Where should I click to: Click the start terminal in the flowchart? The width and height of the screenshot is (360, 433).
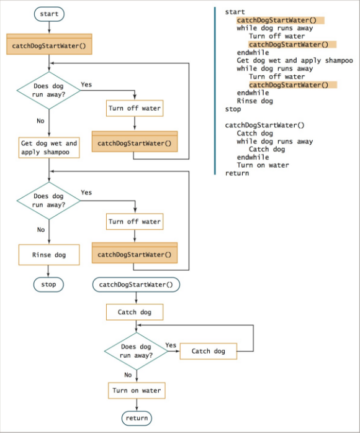coord(48,14)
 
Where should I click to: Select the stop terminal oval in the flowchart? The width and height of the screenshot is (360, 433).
coord(48,284)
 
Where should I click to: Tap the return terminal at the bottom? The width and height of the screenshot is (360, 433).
coord(136,418)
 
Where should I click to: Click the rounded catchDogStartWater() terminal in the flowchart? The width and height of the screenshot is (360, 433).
coord(136,285)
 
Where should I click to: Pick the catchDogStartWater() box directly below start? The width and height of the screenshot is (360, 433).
coord(48,46)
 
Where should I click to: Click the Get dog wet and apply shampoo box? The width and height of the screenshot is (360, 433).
coord(48,147)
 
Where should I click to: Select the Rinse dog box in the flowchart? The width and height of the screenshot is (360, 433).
coord(48,255)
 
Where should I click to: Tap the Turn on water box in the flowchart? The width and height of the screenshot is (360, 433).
coord(136,391)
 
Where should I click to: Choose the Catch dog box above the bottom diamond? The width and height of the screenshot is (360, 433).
coord(136,312)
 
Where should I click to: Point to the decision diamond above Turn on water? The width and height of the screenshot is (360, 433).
coord(136,352)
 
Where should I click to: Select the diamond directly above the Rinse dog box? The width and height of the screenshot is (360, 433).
coord(48,201)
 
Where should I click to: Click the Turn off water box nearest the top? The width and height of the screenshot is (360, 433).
coord(135,108)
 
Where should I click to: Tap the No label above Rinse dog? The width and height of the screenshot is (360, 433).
coord(41,229)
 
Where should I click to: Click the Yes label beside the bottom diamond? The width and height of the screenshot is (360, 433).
coord(171,345)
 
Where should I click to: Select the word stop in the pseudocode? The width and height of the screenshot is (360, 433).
coord(233,109)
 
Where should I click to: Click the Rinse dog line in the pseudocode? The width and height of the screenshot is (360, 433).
coord(254,101)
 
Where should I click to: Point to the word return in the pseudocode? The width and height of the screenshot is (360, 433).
coord(236,173)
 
